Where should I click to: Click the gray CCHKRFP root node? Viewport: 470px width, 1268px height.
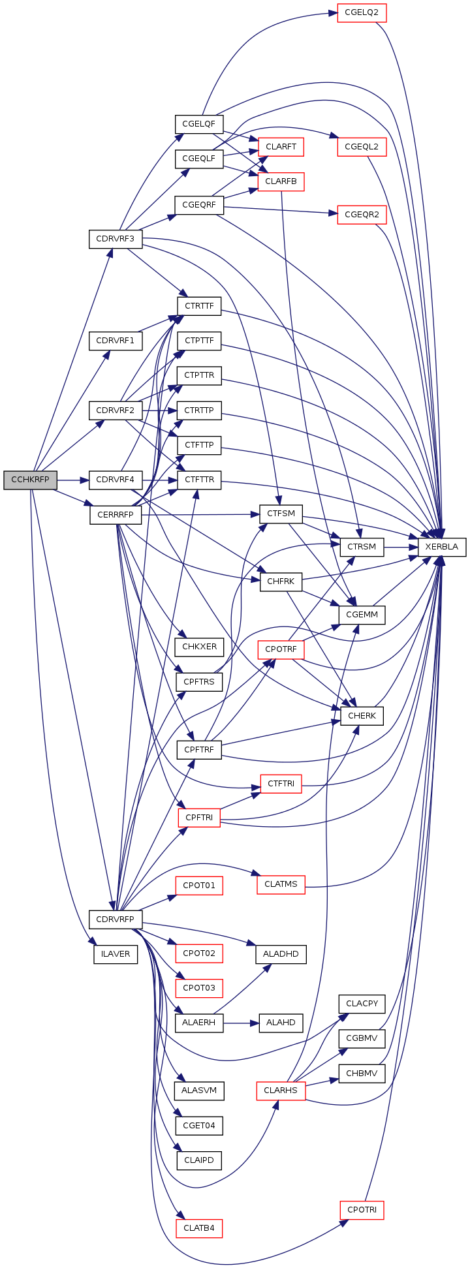tap(30, 480)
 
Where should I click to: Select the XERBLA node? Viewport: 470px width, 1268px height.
tap(442, 547)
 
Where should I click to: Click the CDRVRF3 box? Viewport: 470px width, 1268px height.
tap(116, 238)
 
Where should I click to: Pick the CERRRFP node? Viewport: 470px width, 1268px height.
tap(116, 515)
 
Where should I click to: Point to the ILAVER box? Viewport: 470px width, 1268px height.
tap(116, 953)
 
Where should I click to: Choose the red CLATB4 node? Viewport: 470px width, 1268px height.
tap(199, 1228)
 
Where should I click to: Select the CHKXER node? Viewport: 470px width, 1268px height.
tap(199, 647)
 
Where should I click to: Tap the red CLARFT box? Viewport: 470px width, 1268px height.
tap(281, 147)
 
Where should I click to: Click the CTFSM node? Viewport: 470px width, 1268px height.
tap(281, 514)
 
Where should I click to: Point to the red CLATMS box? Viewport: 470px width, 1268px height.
tap(281, 884)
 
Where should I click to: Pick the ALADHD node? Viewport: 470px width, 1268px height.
tap(281, 953)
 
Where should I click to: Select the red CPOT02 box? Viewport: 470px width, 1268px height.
tap(199, 953)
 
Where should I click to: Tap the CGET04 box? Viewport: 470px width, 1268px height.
tap(199, 1126)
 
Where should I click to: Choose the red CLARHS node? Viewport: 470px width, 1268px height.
tap(281, 1090)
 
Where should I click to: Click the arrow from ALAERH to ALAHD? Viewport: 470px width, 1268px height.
tap(242, 1023)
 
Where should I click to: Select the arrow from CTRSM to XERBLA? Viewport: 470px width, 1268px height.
tap(401, 546)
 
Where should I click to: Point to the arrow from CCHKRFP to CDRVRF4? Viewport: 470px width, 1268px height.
tap(73, 480)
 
